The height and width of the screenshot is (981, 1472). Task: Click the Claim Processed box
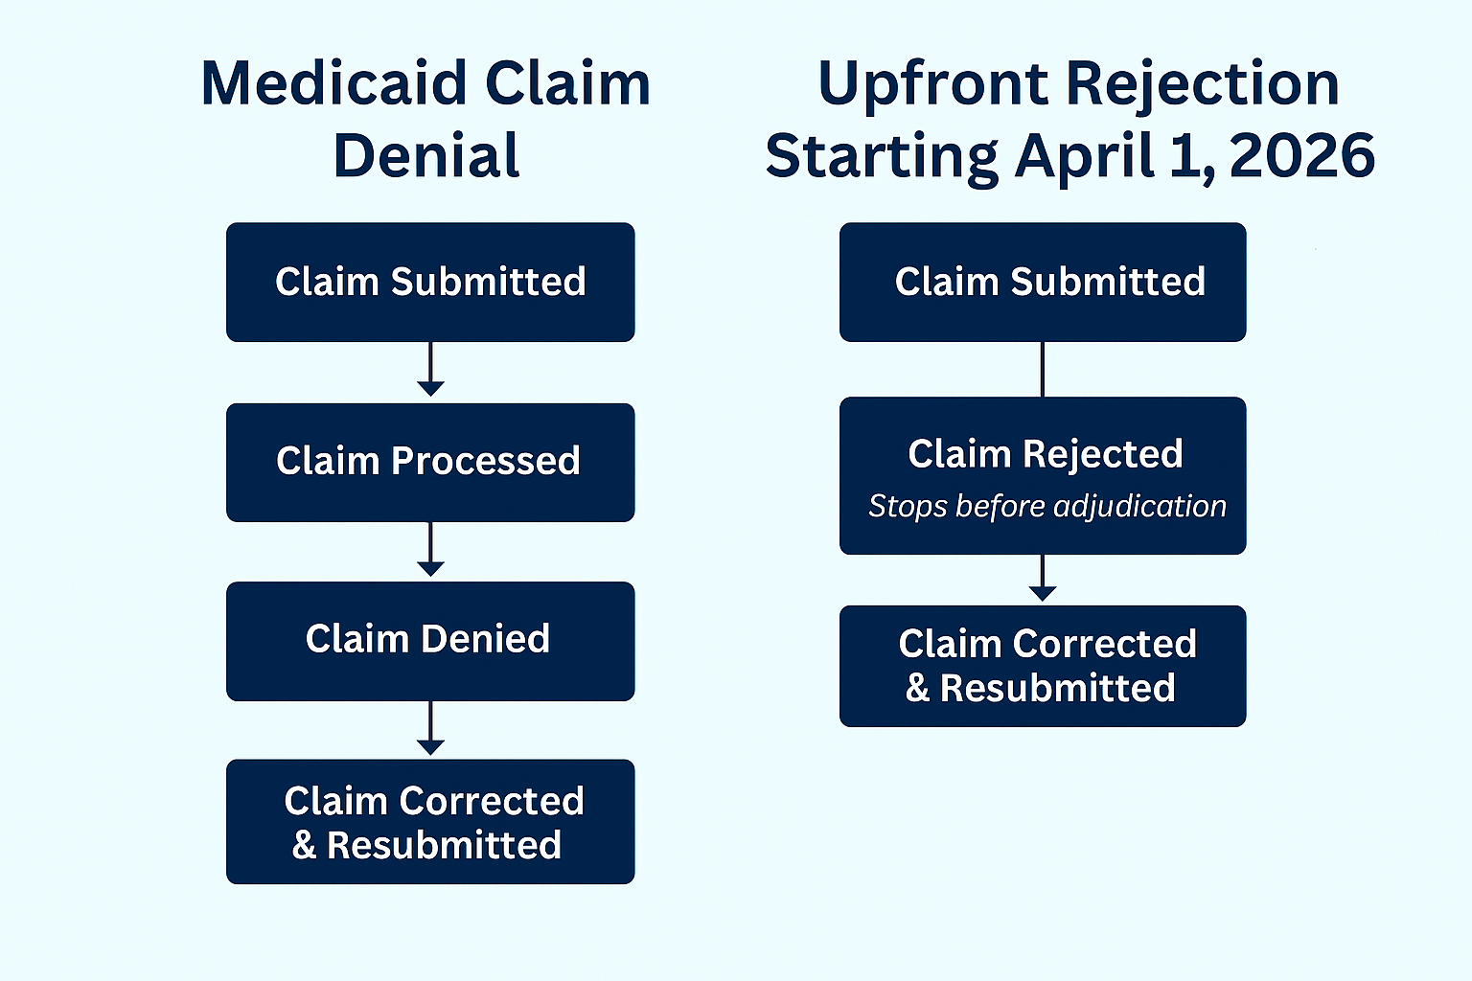click(x=430, y=463)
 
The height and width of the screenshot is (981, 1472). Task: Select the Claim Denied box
click(x=430, y=641)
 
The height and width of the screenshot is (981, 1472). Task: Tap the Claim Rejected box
click(x=1043, y=476)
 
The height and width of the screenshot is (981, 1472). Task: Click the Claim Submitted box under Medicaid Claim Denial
click(x=430, y=282)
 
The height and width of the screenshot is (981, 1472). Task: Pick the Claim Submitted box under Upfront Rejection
click(x=1043, y=282)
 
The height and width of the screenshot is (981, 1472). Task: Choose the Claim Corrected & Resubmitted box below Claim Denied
click(x=430, y=822)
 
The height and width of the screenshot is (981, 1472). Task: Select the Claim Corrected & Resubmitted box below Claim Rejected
click(x=1043, y=666)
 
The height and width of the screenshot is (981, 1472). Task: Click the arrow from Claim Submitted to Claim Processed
click(x=430, y=369)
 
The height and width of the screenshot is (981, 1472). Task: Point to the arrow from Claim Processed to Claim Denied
click(x=430, y=549)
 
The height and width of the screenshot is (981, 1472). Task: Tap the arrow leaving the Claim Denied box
click(x=430, y=728)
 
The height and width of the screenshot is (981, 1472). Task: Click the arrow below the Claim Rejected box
click(x=1043, y=578)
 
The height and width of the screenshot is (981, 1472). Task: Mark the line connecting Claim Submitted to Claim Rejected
click(x=1043, y=369)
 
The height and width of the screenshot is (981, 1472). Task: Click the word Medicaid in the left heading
click(x=333, y=83)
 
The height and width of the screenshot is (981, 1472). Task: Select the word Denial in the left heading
click(x=426, y=156)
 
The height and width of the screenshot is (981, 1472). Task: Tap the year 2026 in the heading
click(x=1301, y=156)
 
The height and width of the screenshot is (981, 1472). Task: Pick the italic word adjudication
click(x=1140, y=507)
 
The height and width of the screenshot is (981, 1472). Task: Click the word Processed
click(x=486, y=461)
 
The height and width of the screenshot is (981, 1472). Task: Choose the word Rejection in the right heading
click(x=1203, y=87)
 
